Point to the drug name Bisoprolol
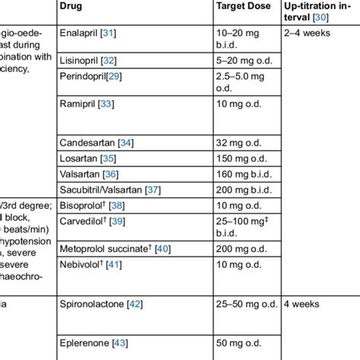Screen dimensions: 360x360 (x=82, y=206)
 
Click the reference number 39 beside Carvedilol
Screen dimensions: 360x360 (x=117, y=221)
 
